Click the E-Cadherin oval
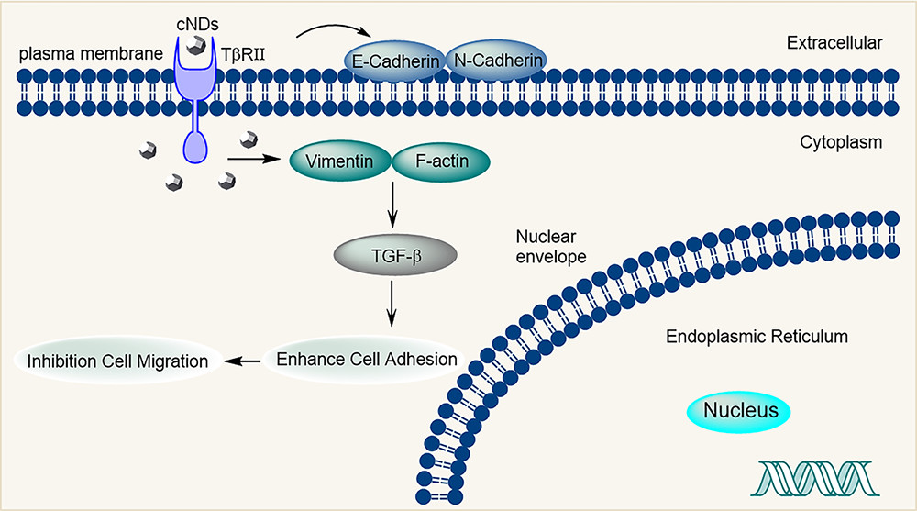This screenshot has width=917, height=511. (x=396, y=61)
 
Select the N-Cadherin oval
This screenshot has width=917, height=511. (x=496, y=61)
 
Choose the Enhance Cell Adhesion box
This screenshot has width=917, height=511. (x=366, y=359)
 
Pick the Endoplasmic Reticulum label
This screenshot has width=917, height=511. (x=757, y=337)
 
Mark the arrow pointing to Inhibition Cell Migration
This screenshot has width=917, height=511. (x=243, y=361)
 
